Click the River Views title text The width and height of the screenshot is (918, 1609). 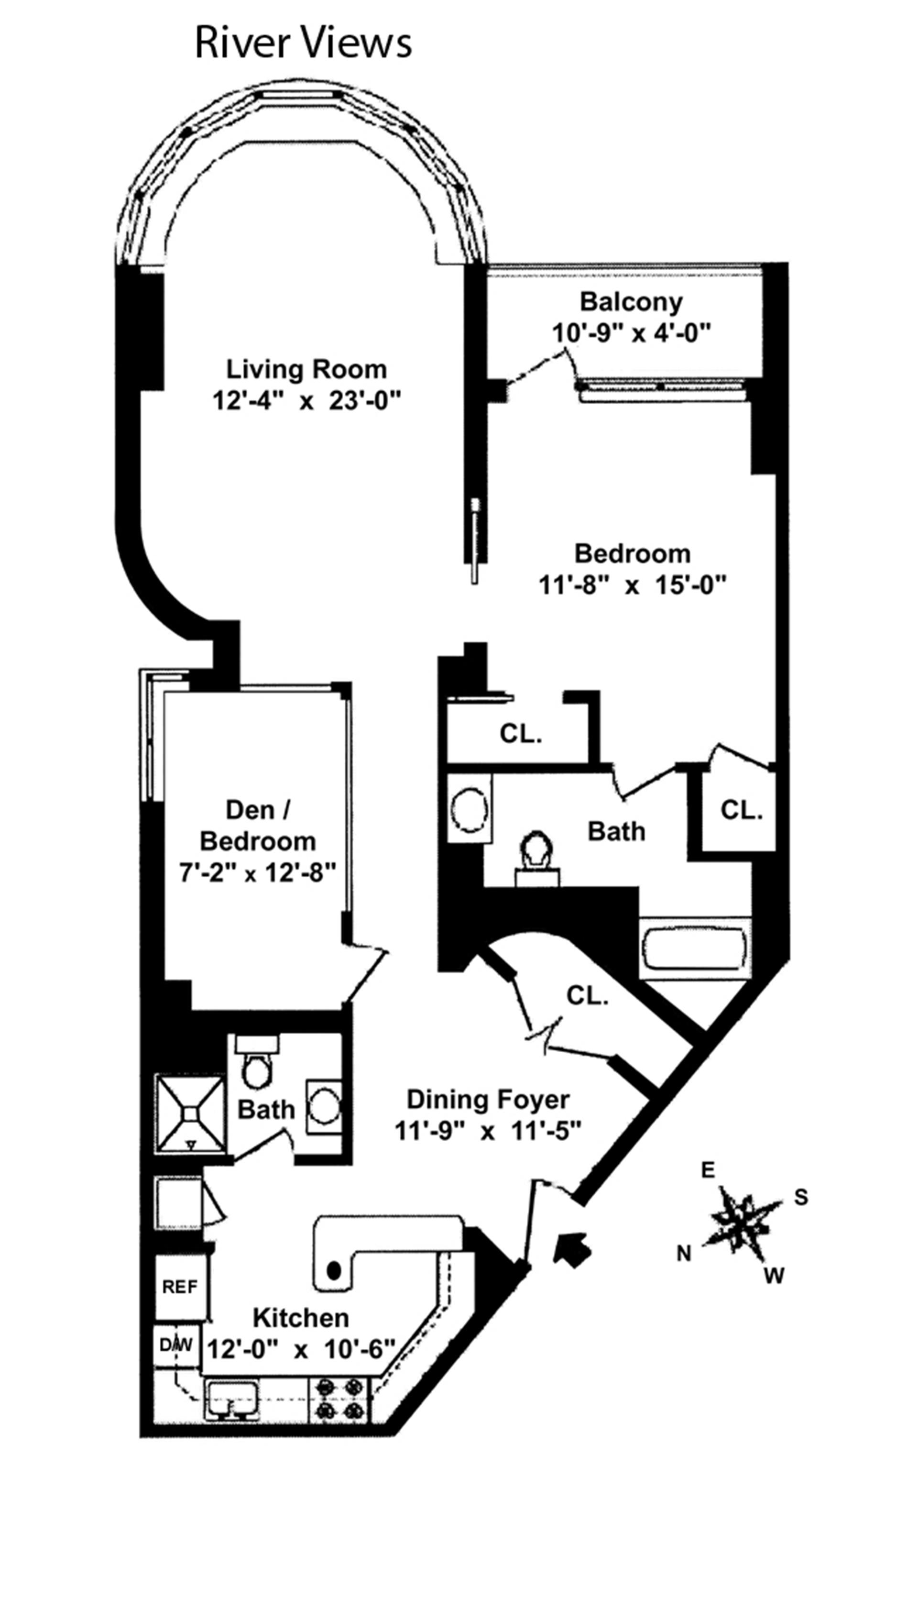point(303,43)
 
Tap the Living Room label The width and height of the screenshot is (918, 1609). point(306,369)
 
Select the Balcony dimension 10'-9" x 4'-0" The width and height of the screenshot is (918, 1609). point(631,332)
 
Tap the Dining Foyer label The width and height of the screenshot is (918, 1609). point(488,1099)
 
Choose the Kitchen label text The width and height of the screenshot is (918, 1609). point(301,1318)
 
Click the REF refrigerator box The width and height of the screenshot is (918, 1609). point(180,1286)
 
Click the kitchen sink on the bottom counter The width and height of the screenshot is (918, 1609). point(231,1399)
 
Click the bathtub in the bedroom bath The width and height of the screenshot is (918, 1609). point(694,948)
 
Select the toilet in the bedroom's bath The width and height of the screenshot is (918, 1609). point(537,859)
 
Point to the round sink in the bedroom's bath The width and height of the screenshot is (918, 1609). point(470,809)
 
